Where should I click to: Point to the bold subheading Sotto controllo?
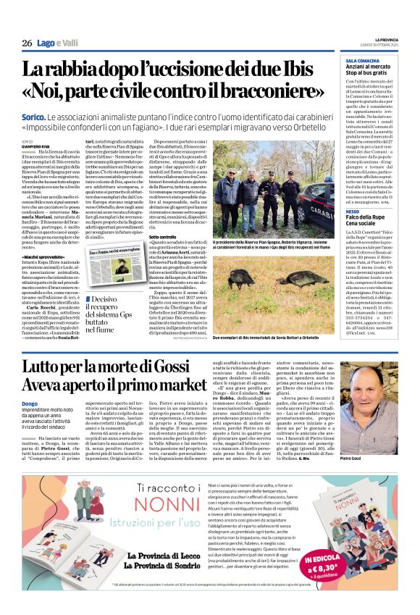[x=162, y=236]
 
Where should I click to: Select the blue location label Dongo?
[x=30, y=403]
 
